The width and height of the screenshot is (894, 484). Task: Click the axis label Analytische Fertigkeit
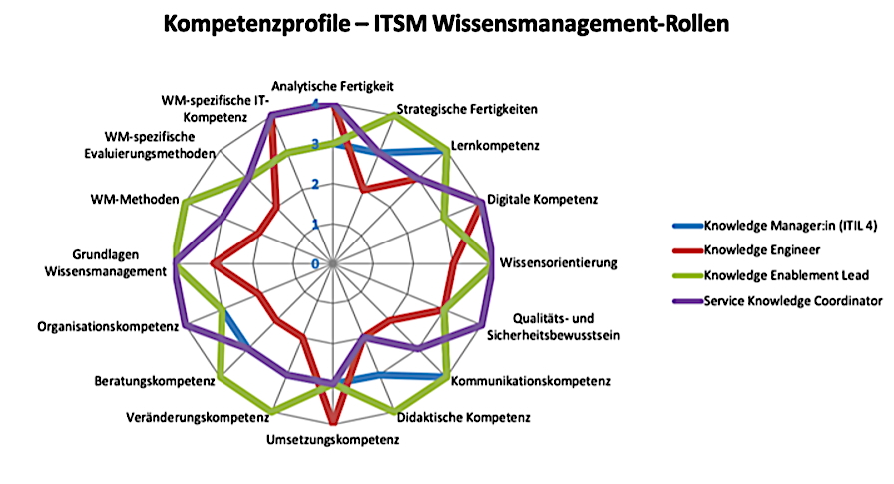click(x=333, y=87)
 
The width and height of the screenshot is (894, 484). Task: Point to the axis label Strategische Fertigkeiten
click(x=467, y=108)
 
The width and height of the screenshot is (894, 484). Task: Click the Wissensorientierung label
click(x=558, y=263)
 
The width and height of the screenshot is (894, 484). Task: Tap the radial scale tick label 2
click(x=315, y=185)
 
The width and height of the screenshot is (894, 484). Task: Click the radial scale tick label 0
click(x=315, y=264)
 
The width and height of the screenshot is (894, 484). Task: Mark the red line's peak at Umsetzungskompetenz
click(x=333, y=422)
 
